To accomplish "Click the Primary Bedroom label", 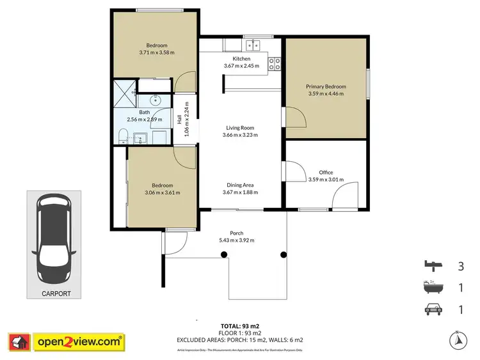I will click(x=326, y=86).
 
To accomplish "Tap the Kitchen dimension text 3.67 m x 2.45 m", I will click(x=241, y=65).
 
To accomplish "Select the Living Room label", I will click(x=238, y=128).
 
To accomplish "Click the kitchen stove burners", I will click(x=275, y=63).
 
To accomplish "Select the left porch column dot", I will click(x=223, y=254).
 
